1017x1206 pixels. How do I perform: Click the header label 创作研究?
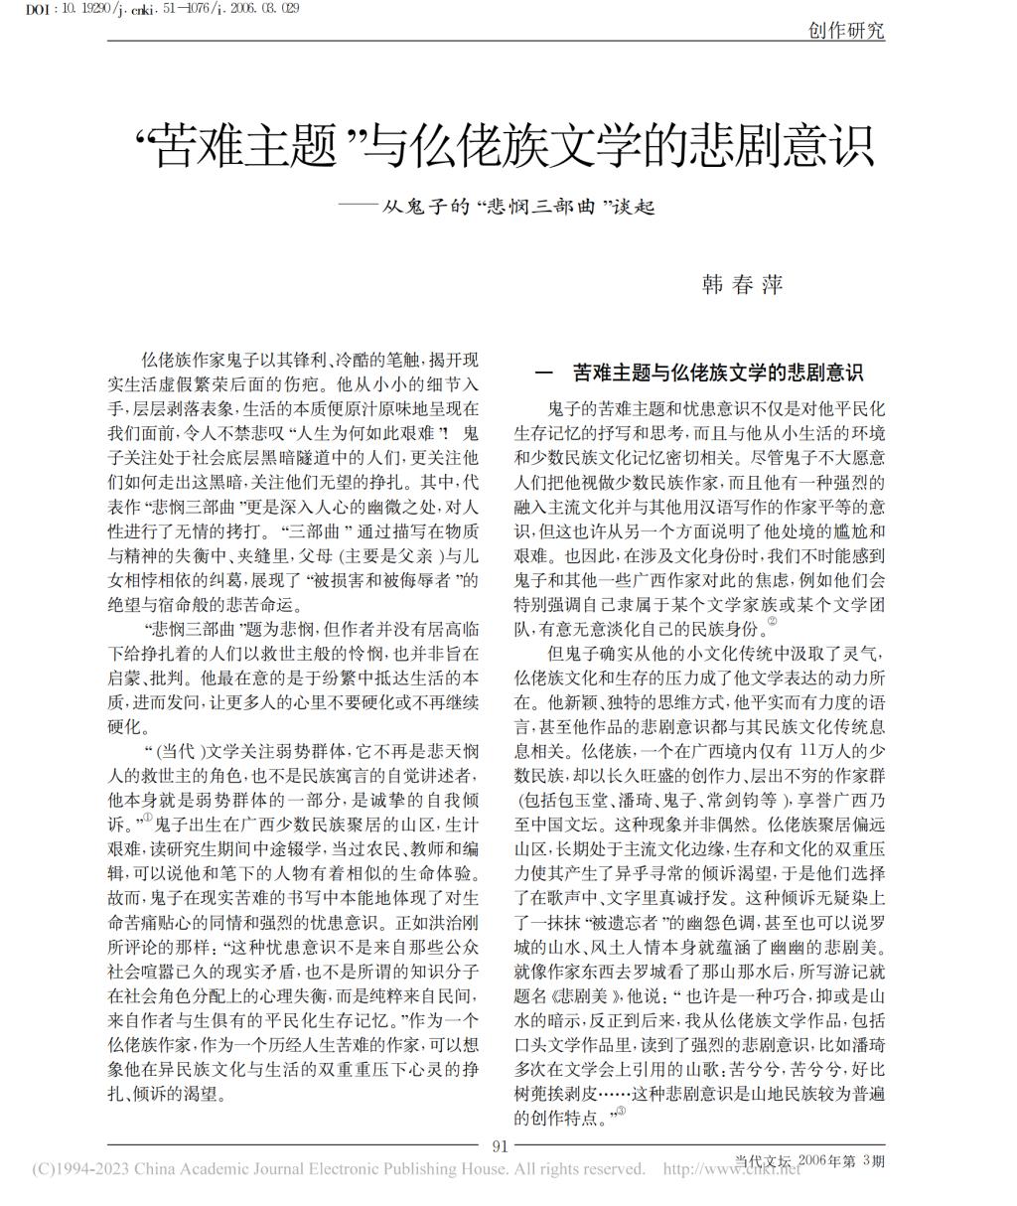coord(846,30)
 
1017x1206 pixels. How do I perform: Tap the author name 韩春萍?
coord(742,285)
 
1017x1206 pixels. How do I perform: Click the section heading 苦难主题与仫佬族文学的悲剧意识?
coord(718,374)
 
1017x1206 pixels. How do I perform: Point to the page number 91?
coord(501,1145)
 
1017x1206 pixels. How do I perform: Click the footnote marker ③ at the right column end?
coord(621,1112)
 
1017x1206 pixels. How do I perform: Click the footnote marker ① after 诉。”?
coord(147,818)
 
